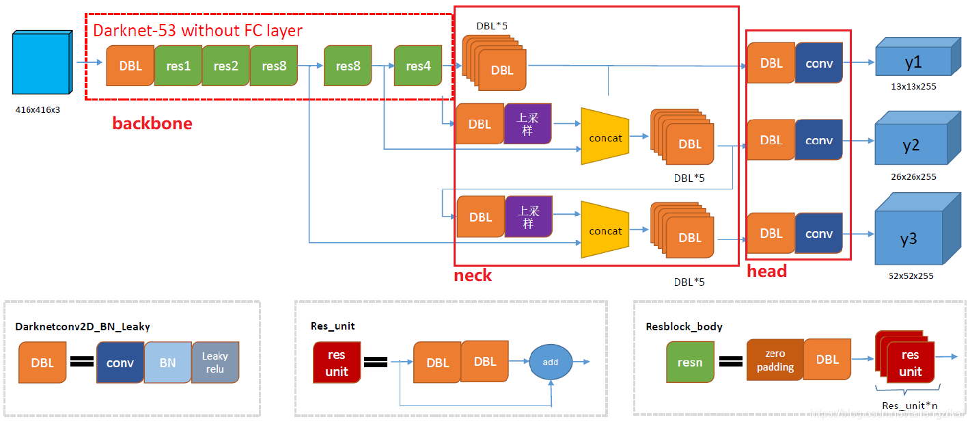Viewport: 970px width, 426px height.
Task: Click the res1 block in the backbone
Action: (x=178, y=66)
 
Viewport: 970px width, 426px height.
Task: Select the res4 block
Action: (x=418, y=66)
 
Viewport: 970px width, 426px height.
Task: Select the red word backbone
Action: (x=152, y=124)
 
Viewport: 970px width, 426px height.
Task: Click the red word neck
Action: (x=473, y=276)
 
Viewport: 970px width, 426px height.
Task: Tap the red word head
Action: (x=766, y=271)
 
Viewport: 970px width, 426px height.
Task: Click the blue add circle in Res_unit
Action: (x=551, y=362)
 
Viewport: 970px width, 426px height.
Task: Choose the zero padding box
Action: (x=775, y=361)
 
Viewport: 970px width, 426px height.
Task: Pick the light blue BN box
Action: (x=168, y=362)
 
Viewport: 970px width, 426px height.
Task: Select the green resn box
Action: (x=690, y=362)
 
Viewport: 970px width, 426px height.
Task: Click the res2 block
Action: (x=225, y=66)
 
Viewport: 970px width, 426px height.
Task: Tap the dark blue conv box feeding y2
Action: (x=819, y=140)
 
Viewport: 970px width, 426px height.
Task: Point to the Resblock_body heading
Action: (x=684, y=327)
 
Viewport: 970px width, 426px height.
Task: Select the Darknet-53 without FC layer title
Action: (x=197, y=31)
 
